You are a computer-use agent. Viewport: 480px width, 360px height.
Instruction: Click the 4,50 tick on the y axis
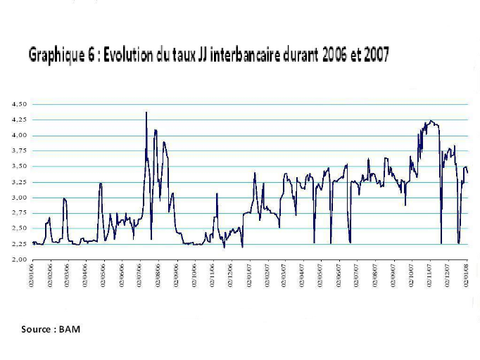point(19,104)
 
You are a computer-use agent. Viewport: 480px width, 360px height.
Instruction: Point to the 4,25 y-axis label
point(19,120)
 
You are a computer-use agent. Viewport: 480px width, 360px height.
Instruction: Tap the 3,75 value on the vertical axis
point(19,150)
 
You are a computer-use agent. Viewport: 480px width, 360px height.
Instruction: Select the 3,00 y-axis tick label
point(19,198)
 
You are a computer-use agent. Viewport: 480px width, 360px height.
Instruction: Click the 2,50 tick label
point(19,229)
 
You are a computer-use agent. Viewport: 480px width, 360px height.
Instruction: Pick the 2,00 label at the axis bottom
point(19,259)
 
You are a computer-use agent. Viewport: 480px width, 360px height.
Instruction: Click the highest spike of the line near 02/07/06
point(146,112)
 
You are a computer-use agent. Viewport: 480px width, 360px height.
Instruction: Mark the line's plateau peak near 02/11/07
point(431,122)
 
